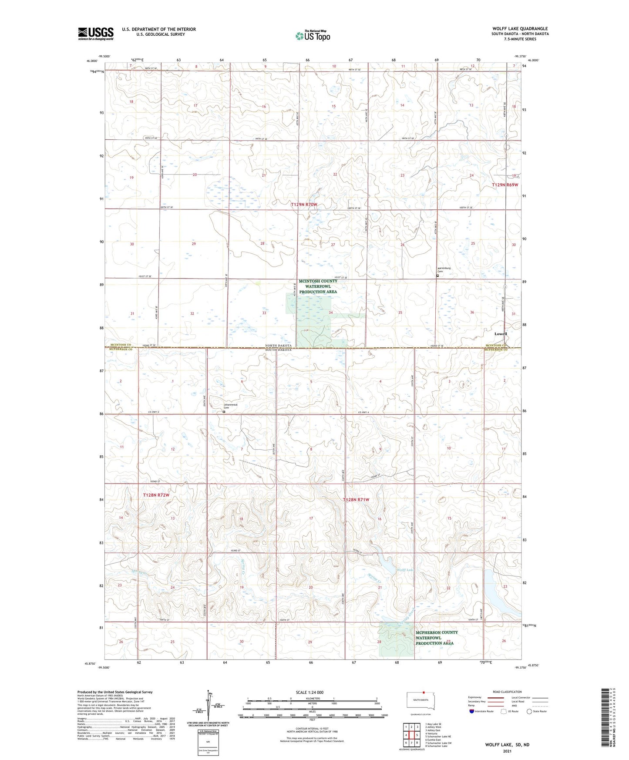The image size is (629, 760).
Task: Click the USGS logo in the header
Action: point(96,34)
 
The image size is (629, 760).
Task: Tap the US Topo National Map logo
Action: point(312,35)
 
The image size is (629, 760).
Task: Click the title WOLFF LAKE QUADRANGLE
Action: point(520,29)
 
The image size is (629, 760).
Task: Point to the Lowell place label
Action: point(501,334)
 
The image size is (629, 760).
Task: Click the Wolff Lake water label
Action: point(405,570)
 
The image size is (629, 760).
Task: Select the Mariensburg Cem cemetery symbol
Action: point(437,276)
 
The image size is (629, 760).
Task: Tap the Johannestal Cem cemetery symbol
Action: point(224,411)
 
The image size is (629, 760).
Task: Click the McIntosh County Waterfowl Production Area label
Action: point(318,286)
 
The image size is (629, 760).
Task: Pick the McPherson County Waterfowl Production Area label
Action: point(436,638)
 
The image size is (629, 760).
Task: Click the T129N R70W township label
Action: point(305,204)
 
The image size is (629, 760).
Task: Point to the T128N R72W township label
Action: point(156,495)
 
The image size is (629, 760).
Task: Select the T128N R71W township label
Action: point(356,500)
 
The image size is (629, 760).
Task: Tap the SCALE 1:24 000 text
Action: point(309,693)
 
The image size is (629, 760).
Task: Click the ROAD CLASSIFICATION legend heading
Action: point(507,692)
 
